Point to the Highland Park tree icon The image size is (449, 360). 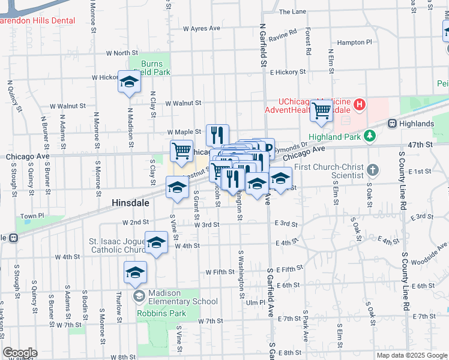click(x=371, y=136)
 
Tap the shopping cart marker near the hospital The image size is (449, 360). click(x=322, y=110)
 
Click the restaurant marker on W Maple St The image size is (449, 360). click(x=217, y=134)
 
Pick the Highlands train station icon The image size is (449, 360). click(x=393, y=124)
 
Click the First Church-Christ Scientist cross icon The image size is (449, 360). click(x=373, y=169)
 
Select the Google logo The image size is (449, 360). click(x=20, y=353)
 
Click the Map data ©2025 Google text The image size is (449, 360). click(x=411, y=355)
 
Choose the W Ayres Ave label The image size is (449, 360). click(x=201, y=28)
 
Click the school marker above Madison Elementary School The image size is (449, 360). click(x=135, y=272)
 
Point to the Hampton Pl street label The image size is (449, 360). click(x=354, y=43)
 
